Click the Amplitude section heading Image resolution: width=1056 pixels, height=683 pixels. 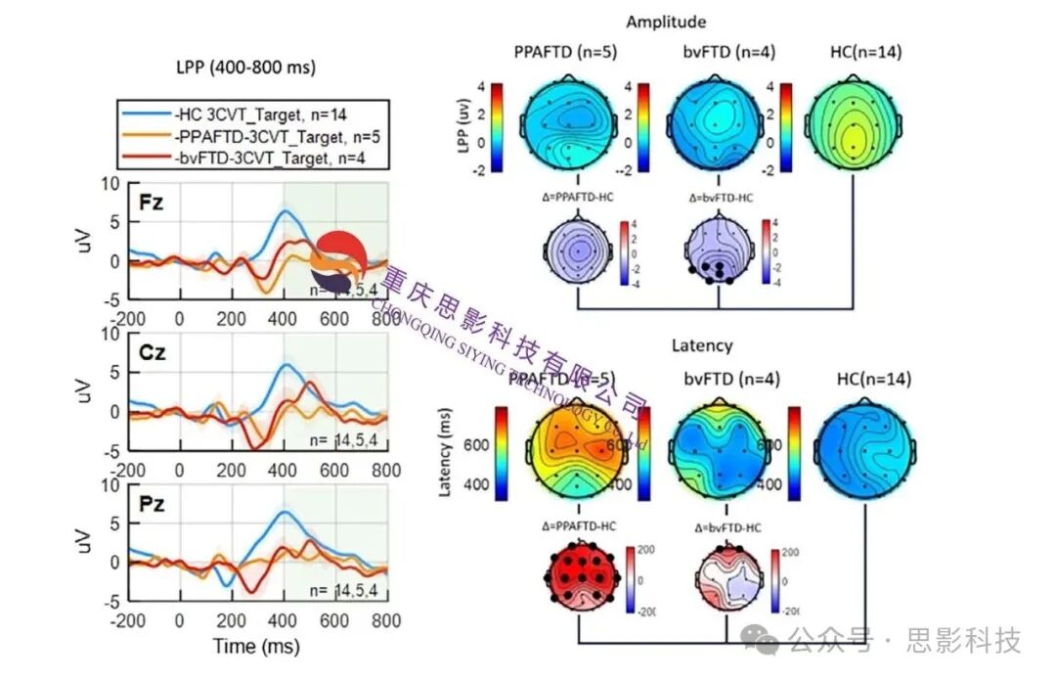click(x=665, y=22)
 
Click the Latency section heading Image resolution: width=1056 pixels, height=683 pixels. click(x=701, y=345)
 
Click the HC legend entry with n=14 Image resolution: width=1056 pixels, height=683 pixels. click(x=255, y=114)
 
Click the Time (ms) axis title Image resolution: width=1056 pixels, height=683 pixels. click(x=256, y=647)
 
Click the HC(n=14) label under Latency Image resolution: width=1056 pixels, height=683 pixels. click(x=867, y=378)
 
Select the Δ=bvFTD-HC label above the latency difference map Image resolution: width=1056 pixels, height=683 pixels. click(x=727, y=526)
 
